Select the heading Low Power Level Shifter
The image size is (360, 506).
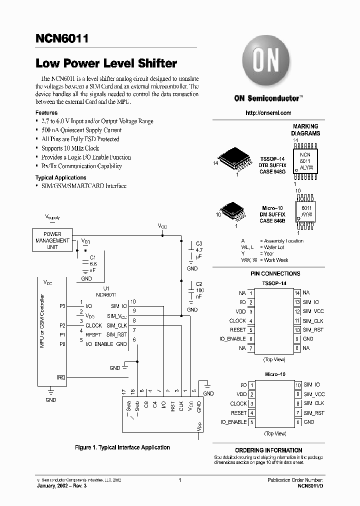106,63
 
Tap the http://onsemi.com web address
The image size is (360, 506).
268,113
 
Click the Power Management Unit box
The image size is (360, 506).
52,240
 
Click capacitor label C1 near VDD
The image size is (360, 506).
92,257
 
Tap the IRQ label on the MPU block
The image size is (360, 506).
61,377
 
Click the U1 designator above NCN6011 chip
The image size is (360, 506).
106,288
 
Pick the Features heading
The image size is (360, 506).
46,113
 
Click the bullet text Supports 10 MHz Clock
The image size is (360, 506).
70,148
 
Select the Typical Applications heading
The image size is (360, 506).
60,177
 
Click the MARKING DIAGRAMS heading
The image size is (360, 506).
305,130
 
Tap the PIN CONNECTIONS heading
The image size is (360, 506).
275,273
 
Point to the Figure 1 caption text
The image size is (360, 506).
122,447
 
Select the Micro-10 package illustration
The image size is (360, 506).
231,211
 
